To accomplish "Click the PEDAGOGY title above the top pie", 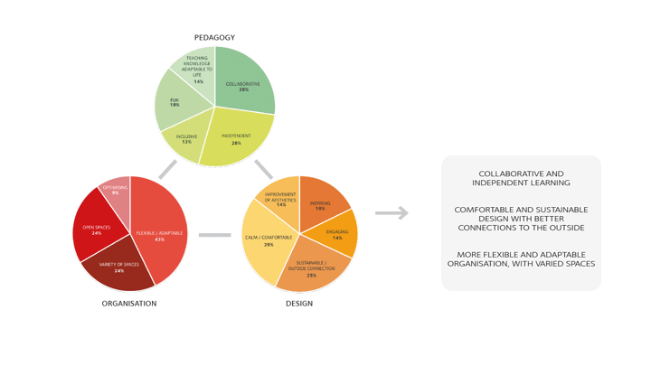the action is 214,38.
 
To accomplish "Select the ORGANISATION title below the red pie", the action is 129,304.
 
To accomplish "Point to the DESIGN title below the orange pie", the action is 299,304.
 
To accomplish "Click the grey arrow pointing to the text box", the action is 392,213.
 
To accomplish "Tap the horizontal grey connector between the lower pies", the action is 214,235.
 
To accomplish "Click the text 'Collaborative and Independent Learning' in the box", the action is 520,178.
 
